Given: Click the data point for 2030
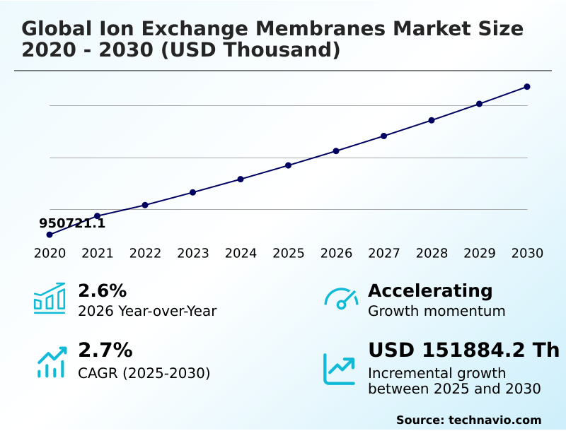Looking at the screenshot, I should pyautogui.click(x=527, y=87).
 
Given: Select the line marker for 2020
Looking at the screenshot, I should pyautogui.click(x=50, y=235).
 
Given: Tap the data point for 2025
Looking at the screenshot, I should pyautogui.click(x=289, y=165).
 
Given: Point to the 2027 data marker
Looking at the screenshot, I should pyautogui.click(x=384, y=136).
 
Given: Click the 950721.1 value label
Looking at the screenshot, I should pyautogui.click(x=72, y=223).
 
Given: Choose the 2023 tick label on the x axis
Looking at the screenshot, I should pyautogui.click(x=193, y=254).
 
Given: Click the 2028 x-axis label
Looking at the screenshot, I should pyautogui.click(x=432, y=254).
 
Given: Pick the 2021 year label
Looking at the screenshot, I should pyautogui.click(x=98, y=254).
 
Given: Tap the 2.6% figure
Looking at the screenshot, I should pyautogui.click(x=102, y=290).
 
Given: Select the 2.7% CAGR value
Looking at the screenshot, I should pyautogui.click(x=105, y=350).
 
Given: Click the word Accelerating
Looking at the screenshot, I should pyautogui.click(x=430, y=290).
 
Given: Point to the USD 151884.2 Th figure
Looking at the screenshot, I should pyautogui.click(x=463, y=350).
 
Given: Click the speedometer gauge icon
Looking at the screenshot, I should pyautogui.click(x=341, y=299).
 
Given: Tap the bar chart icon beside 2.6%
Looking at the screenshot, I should pyautogui.click(x=50, y=298).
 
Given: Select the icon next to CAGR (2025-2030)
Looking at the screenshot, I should pyautogui.click(x=51, y=362).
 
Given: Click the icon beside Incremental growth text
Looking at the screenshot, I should pyautogui.click(x=340, y=369).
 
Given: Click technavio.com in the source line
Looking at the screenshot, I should pyautogui.click(x=495, y=420).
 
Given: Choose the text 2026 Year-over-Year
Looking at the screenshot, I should pyautogui.click(x=147, y=311).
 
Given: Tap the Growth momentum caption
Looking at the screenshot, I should pyautogui.click(x=437, y=311).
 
